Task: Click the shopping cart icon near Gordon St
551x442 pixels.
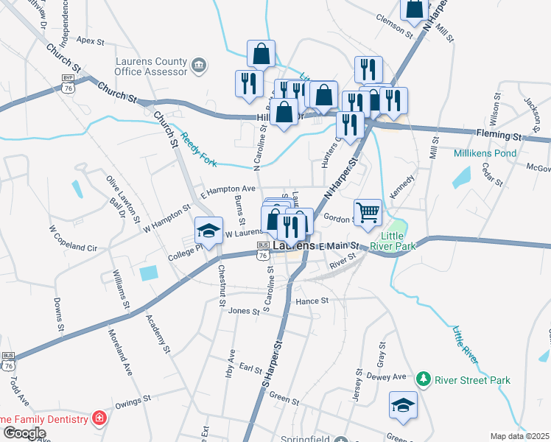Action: (368, 213)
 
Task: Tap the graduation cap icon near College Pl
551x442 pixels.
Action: (208, 231)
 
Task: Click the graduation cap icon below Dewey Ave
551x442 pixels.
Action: (403, 405)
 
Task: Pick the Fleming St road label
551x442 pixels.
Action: (498, 136)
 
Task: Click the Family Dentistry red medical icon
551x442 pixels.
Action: (99, 419)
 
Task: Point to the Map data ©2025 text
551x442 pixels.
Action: (520, 436)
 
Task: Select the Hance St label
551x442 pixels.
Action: (311, 301)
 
